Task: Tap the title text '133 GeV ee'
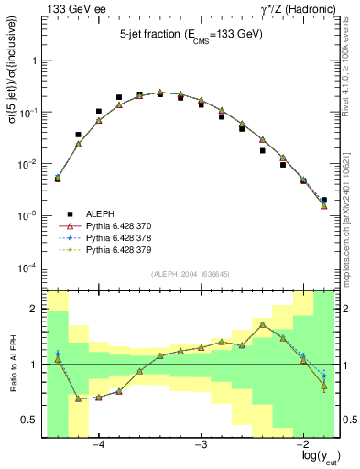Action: tap(68, 9)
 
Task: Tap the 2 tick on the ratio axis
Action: tap(34, 309)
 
